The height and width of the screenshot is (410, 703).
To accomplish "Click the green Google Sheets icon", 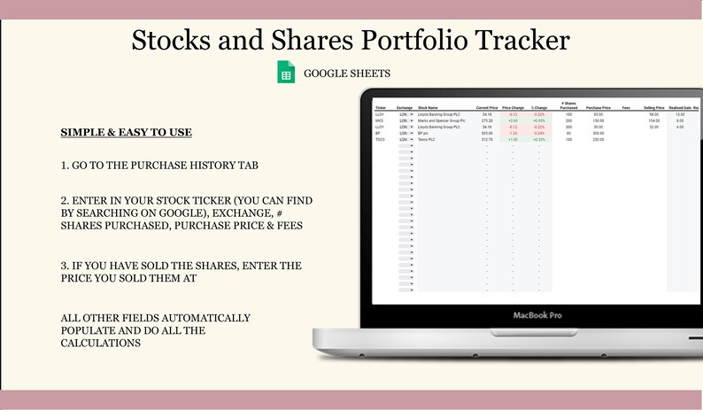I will point(286,73).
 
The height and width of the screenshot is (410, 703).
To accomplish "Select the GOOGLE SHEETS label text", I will point(346,74).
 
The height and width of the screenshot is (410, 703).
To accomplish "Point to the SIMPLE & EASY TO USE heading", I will point(126,133).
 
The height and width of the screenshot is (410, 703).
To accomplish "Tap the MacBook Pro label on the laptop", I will point(538,315).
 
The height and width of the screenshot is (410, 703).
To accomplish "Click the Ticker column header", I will point(381,108).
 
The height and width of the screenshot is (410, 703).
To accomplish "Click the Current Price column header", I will point(486,108).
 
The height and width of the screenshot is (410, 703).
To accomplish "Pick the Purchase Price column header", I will point(599,108).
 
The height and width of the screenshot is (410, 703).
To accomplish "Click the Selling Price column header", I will point(655,108).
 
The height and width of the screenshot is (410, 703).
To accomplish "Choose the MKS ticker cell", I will point(379,120).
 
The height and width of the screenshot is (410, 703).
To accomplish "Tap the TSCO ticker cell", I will point(380,139).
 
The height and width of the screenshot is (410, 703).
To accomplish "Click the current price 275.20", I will point(487,120).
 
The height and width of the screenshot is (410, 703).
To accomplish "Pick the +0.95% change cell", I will point(538,120).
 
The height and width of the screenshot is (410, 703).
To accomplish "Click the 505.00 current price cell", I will point(487,133).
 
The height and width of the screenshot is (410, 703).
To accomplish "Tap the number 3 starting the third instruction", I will point(64,266).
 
